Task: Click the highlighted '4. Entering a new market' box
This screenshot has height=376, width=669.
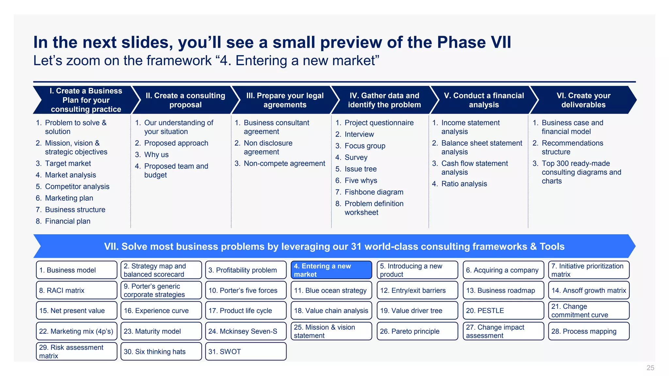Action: pos(331,270)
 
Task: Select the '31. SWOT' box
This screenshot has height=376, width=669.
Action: pos(246,352)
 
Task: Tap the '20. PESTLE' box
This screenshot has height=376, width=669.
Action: pos(503,310)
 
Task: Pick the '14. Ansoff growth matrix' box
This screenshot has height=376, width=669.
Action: pos(589,290)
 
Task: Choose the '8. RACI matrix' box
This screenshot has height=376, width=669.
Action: pos(76,290)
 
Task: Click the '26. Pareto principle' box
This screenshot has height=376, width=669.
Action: pos(417,331)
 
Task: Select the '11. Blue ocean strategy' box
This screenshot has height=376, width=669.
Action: pos(331,290)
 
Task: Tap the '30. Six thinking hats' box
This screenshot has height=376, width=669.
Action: pos(161,352)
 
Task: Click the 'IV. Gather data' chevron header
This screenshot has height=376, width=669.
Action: pos(384,100)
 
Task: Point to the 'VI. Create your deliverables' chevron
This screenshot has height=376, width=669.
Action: pos(583,100)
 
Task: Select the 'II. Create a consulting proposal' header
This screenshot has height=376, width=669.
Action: pos(185,100)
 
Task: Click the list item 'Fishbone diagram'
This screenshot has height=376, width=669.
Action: pos(374,192)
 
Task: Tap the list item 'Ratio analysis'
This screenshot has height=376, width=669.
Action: pos(464,184)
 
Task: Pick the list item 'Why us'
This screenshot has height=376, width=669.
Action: pos(156,155)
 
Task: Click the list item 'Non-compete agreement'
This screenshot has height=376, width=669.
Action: pos(284,164)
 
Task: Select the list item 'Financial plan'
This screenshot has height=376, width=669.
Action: pos(68,221)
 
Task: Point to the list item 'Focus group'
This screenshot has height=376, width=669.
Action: pos(365,146)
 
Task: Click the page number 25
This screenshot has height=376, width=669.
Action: pos(650,368)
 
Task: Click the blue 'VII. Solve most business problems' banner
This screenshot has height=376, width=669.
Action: pos(334,246)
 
